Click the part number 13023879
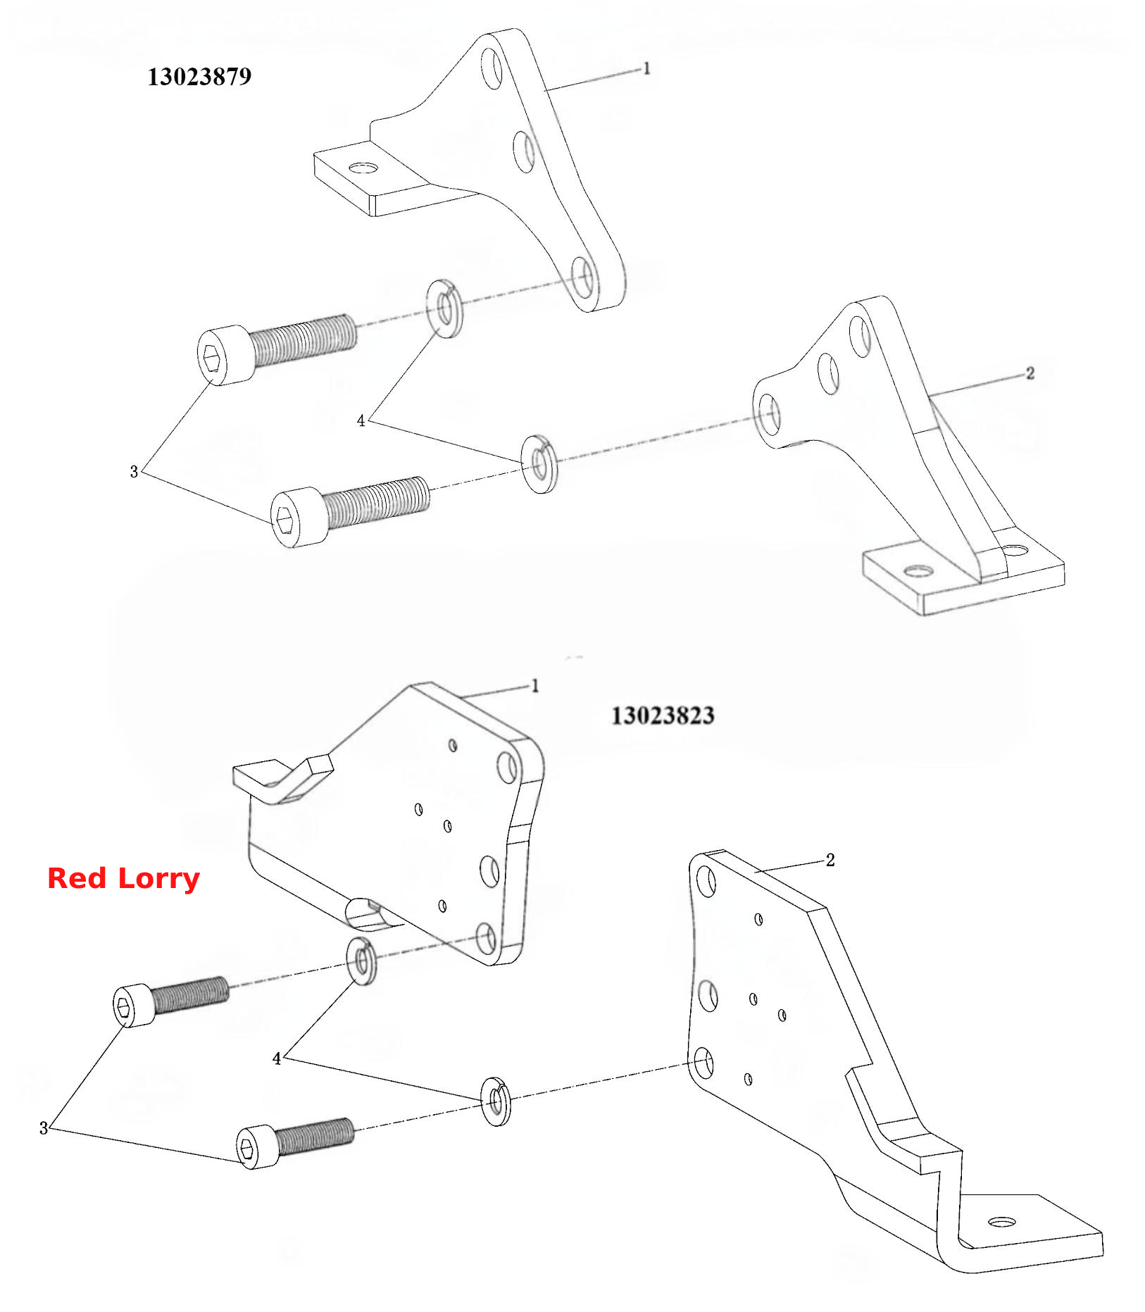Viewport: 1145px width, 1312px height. (199, 77)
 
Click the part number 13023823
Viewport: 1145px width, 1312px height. (663, 716)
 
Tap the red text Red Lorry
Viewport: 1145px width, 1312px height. (123, 879)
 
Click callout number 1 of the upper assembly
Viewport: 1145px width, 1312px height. (646, 68)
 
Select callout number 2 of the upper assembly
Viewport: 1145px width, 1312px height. (1030, 373)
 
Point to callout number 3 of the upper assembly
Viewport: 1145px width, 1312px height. (134, 471)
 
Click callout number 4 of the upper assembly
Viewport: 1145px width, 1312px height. (361, 420)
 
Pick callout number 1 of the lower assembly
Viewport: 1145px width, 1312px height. (534, 685)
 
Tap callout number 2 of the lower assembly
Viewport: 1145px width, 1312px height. (830, 860)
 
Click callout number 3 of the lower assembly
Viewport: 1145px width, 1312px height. (44, 1128)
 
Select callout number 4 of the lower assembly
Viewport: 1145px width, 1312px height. (277, 1058)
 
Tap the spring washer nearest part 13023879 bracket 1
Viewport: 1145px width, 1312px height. (444, 308)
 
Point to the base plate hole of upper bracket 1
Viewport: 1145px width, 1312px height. (364, 168)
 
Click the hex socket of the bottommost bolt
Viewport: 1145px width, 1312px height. (246, 1149)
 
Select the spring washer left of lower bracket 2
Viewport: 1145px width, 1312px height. (496, 1101)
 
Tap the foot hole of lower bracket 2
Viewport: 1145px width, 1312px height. (1002, 1222)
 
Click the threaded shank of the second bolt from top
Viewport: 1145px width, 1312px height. (377, 502)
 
